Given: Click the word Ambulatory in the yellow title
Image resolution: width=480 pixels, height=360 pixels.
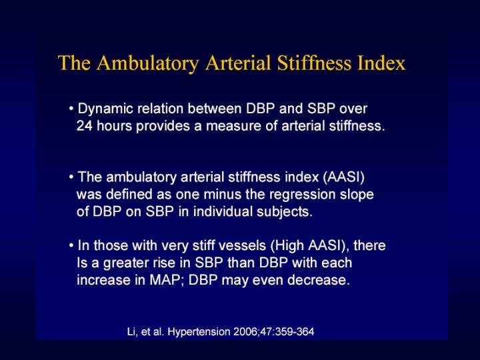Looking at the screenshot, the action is click(x=148, y=63).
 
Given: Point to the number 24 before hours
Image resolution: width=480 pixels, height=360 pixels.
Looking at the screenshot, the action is click(x=84, y=126).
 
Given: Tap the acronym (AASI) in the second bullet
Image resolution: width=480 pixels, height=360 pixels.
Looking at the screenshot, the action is click(x=344, y=177).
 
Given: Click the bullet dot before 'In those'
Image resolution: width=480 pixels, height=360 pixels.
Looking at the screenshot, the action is click(x=71, y=245).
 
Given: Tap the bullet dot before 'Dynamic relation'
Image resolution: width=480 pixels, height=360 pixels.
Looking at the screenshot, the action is click(x=71, y=109).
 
